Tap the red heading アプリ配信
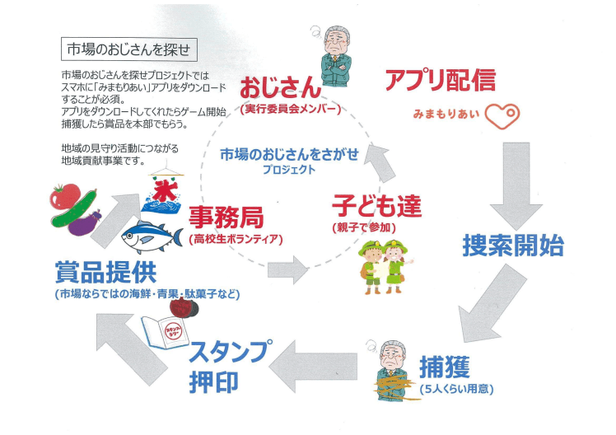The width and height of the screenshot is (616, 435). pos(440,81)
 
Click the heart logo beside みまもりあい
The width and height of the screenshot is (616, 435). pos(502,115)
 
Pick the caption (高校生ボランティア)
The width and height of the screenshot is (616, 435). pos(236,240)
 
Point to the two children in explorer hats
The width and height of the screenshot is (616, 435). pos(383,265)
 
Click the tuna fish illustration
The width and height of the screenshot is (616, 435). pos(152,236)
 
